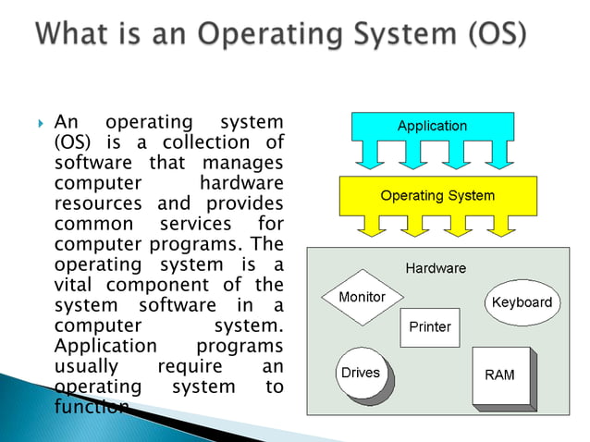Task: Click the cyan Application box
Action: point(432,127)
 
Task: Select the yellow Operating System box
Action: point(437,196)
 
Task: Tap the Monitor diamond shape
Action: point(362,298)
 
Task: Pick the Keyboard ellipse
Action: point(522,302)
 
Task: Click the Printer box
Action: point(429,327)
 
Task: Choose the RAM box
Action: point(499,375)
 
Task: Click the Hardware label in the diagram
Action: point(436,268)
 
